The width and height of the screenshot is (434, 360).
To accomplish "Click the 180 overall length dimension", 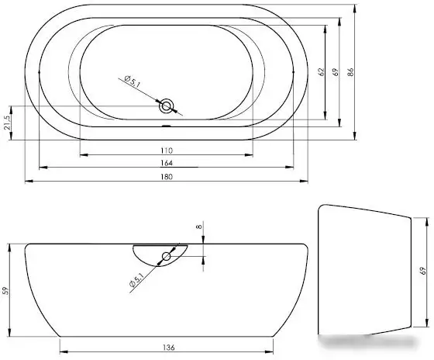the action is point(167,177).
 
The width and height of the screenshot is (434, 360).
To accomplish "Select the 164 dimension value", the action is point(167,163).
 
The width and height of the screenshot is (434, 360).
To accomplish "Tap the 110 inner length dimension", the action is point(167,151).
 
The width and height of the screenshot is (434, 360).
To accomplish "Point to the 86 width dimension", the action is point(350,72).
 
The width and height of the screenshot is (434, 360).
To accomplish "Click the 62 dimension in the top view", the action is point(321,72).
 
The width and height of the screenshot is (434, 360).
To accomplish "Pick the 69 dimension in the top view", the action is point(336,72).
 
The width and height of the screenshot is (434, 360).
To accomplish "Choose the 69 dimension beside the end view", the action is point(422,271).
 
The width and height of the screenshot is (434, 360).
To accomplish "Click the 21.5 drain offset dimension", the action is point(8,123).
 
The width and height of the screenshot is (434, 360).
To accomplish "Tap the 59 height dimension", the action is point(6,291).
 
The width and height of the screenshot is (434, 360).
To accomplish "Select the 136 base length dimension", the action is point(169,348).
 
